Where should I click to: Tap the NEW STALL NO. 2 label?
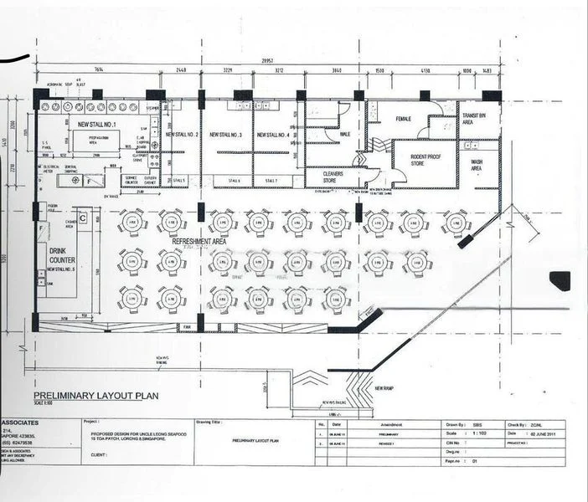click(x=182, y=134)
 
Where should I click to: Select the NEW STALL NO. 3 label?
click(x=226, y=134)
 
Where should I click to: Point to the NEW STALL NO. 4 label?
click(x=273, y=134)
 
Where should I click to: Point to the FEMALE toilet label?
click(x=404, y=120)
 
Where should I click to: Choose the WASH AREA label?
click(x=477, y=165)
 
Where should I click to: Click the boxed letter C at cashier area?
click(x=83, y=218)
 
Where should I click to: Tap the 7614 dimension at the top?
click(x=98, y=70)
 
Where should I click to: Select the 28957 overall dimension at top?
click(x=267, y=61)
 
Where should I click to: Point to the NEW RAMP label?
click(x=385, y=388)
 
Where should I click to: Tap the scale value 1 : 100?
click(x=479, y=434)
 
